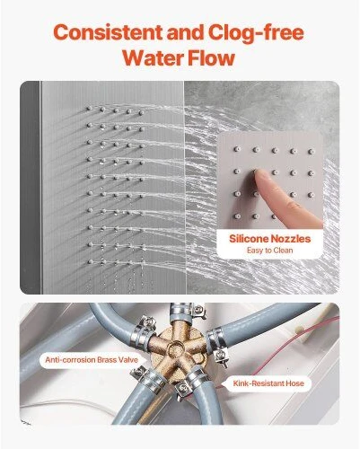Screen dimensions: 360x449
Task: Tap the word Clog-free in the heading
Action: (x=256, y=32)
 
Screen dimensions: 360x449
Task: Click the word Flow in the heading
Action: (x=209, y=57)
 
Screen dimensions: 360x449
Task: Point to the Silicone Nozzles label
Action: (x=269, y=239)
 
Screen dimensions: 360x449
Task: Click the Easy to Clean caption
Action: (x=269, y=251)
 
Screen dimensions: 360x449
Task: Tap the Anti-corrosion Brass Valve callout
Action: (x=92, y=359)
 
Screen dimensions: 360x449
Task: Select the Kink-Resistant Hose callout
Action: (x=268, y=383)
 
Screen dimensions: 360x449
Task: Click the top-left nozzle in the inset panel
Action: (x=236, y=148)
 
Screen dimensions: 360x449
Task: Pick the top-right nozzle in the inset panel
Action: (x=311, y=152)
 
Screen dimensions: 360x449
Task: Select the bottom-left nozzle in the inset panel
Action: (x=237, y=216)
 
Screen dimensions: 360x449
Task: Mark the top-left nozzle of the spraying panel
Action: (x=89, y=108)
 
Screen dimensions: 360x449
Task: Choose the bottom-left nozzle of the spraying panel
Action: (x=90, y=262)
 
